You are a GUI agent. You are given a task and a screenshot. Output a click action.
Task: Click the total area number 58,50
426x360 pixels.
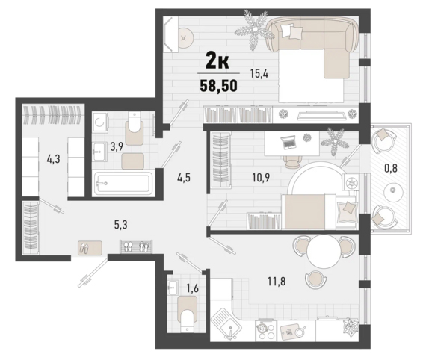219,86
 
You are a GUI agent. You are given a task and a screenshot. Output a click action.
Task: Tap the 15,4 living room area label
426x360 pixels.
259,74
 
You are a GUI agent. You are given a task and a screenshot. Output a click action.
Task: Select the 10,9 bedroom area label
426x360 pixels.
261,178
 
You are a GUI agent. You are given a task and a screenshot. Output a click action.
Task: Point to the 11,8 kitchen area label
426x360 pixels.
277,282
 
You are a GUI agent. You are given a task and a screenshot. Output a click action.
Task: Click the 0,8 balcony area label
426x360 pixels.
391,168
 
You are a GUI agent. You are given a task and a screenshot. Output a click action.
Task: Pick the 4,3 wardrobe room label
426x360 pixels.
53,159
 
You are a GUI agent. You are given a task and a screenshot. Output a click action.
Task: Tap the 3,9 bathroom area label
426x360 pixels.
117,147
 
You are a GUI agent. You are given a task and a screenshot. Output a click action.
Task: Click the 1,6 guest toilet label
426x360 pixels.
192,288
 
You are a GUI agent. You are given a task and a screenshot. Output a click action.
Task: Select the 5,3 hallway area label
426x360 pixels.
121,225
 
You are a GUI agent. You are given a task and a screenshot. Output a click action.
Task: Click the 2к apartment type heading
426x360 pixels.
217,62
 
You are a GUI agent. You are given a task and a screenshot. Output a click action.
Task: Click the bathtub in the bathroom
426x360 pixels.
123,183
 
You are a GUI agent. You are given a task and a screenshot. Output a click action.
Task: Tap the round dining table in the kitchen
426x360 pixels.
324,251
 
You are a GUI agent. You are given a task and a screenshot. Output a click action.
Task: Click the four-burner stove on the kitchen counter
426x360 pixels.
266,331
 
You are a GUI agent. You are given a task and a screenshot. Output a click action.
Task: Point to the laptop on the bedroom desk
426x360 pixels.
289,143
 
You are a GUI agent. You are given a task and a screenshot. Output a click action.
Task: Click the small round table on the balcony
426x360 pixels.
392,191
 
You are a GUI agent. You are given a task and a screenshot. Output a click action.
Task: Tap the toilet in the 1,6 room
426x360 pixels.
188,314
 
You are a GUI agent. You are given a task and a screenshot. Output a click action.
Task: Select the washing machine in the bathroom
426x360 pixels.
100,123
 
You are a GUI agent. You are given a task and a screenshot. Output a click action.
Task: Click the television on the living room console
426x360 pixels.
321,115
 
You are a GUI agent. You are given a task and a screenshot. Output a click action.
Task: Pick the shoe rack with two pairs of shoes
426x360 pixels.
136,246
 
